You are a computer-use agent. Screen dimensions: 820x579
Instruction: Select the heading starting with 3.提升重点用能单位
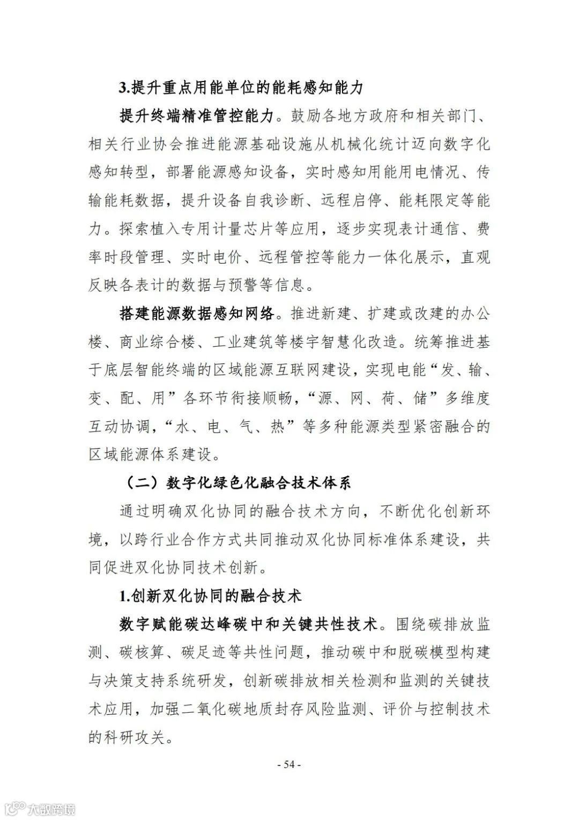click(241, 87)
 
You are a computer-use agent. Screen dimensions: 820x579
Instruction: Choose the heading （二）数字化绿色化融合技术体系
click(238, 482)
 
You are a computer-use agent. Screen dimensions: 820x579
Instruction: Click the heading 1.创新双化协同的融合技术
click(211, 596)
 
